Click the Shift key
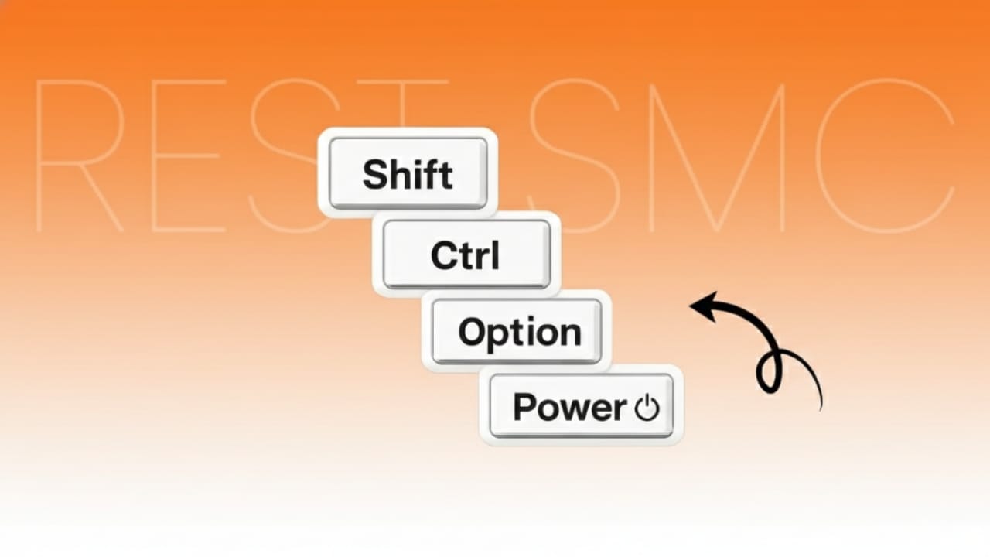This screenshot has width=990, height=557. coord(408,173)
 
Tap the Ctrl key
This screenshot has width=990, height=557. coord(466,255)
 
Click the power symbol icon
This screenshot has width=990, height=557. coord(647,408)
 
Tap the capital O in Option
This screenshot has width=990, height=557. coord(472,333)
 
